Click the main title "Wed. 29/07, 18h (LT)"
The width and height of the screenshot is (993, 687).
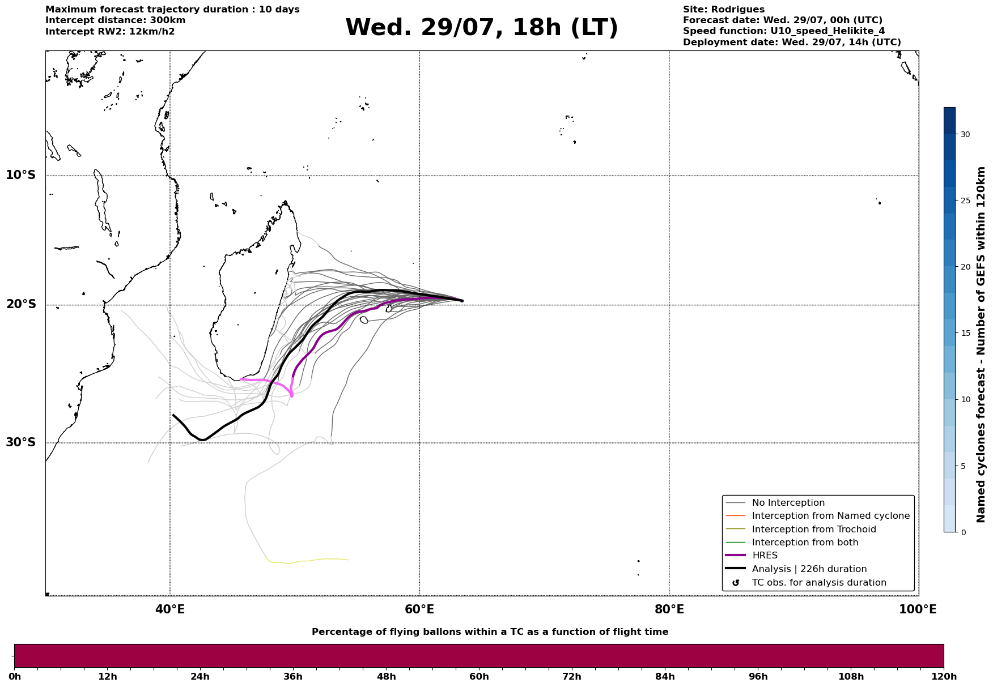click(482, 28)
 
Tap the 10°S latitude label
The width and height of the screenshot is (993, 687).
click(21, 175)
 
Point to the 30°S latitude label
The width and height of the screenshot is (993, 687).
click(21, 442)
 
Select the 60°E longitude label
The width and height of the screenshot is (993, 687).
click(419, 609)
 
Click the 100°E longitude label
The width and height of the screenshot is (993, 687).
click(918, 609)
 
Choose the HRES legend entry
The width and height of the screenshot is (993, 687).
click(765, 556)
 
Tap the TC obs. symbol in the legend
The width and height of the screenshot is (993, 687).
click(736, 583)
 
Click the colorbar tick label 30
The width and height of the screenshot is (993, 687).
click(965, 134)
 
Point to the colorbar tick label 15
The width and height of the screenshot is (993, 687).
click(965, 333)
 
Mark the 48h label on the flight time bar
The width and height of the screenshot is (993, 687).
click(386, 677)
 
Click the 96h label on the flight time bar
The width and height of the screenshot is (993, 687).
click(758, 677)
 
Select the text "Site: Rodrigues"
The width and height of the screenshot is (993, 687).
click(724, 10)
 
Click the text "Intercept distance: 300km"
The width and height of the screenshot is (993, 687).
click(116, 20)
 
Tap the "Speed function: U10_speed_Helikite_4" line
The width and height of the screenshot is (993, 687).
click(784, 31)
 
